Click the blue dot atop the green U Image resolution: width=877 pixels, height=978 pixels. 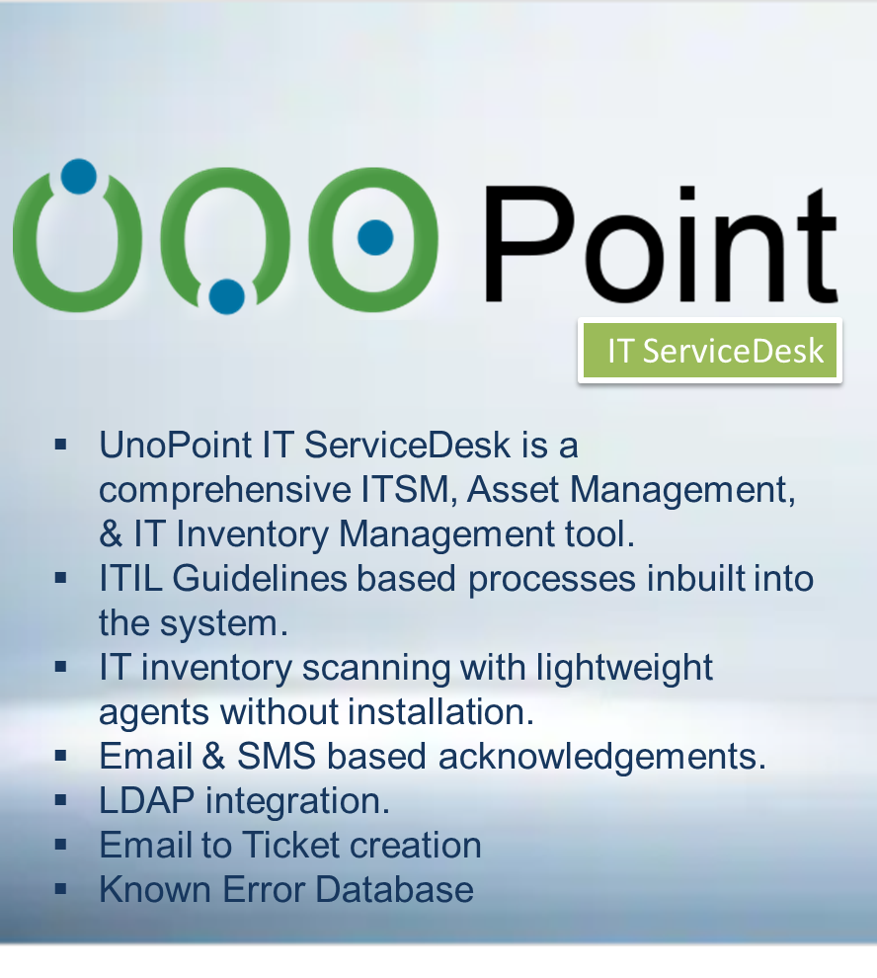pos(79,177)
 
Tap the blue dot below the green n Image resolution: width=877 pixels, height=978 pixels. pos(226,296)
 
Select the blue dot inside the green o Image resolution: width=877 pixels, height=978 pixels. pos(375,237)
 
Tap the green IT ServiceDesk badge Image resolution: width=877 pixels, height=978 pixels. pos(710,351)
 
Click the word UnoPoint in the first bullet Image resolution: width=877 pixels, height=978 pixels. pos(175,446)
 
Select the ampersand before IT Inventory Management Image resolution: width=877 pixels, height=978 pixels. pos(111,534)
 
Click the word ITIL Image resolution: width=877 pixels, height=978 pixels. pos(131,579)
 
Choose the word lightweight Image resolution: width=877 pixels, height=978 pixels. pos(624,669)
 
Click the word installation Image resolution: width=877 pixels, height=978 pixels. pos(440,712)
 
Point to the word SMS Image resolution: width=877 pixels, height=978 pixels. pos(277,757)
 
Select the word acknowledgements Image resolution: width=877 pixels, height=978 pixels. pos(601,758)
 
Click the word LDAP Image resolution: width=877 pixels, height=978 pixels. pos(146,801)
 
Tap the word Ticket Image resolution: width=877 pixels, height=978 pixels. pos(290,846)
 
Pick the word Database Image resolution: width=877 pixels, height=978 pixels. pos(394,890)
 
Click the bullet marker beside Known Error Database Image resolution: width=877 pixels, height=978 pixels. pos(60,888)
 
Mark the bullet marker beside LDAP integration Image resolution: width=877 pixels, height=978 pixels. pos(60,799)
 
